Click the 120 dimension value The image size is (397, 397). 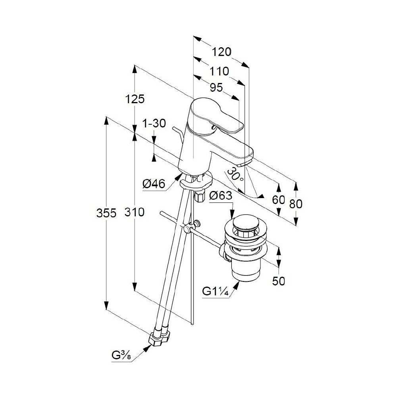(221, 52)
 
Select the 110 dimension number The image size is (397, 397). (219, 71)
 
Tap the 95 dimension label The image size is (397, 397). (216, 88)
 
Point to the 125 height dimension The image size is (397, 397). (135, 99)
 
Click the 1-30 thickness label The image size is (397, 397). (154, 123)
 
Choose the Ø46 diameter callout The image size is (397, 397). (154, 183)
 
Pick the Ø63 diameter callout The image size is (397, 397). (221, 195)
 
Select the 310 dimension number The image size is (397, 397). (134, 212)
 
